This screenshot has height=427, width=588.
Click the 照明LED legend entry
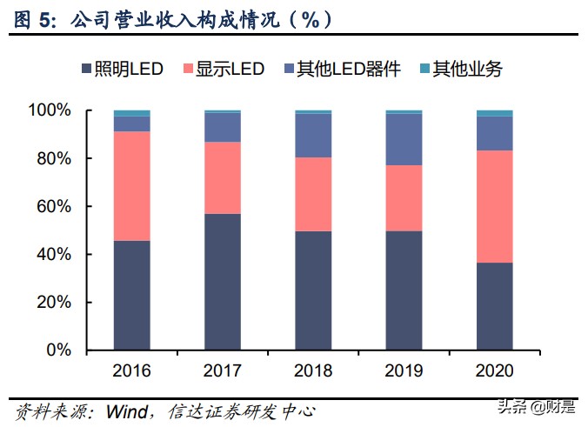[121, 69]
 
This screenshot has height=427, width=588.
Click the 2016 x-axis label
[131, 370]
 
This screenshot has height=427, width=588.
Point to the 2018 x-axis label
[313, 370]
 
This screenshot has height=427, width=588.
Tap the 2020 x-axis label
[494, 370]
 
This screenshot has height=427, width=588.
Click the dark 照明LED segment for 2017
[222, 282]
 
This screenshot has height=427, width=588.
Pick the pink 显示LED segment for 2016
[131, 186]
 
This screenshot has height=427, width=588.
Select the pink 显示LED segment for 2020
[494, 206]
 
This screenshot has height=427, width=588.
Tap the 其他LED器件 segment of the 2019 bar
[404, 139]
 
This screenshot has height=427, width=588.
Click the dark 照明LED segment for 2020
[494, 306]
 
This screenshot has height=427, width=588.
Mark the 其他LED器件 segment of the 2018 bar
[313, 136]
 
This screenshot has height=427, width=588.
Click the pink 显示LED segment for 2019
[404, 198]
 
